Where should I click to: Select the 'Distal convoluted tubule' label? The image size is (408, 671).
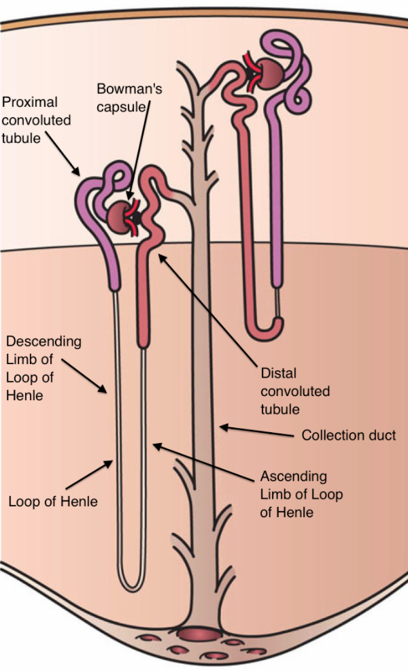tap(295, 391)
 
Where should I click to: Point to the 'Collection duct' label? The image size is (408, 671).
tap(348, 435)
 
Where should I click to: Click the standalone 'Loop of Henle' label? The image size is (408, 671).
tap(53, 502)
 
